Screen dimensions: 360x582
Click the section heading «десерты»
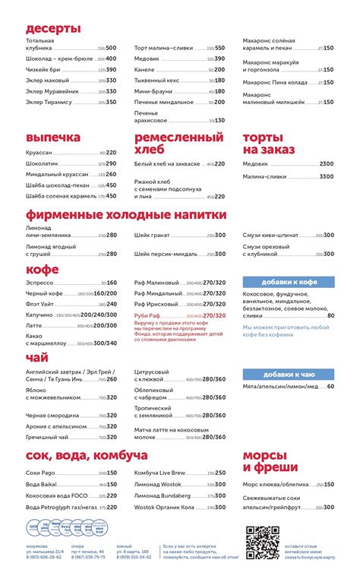click(53, 29)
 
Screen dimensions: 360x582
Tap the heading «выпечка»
click(52, 138)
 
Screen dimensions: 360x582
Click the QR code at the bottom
click(262, 541)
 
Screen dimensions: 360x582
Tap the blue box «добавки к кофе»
click(289, 282)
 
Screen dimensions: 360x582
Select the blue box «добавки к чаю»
click(289, 374)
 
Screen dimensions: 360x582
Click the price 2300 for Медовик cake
click(327, 164)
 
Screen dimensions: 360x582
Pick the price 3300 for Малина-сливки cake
click(327, 176)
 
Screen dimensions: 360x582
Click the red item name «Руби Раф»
click(149, 315)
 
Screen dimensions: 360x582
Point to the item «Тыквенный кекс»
click(157, 80)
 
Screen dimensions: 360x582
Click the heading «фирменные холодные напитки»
click(126, 215)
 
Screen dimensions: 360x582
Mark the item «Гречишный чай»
click(49, 438)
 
